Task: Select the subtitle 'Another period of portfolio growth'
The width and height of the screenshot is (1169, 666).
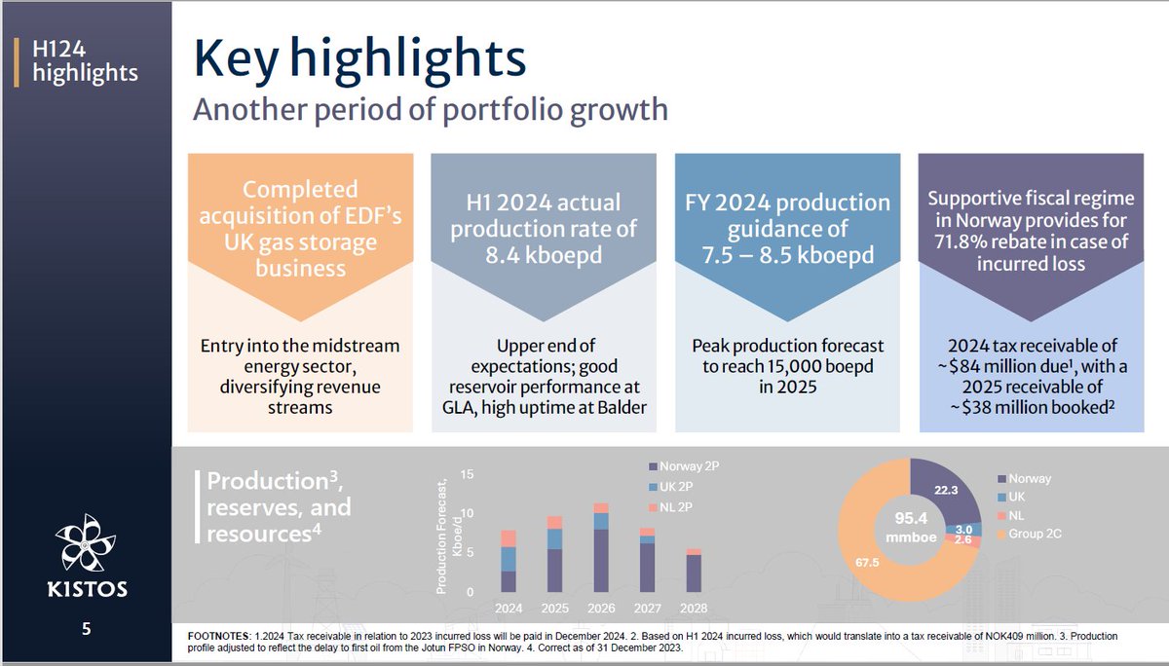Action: tap(431, 109)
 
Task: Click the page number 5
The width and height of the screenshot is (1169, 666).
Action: tap(87, 630)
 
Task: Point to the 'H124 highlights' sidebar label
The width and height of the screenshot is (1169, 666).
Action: tap(85, 60)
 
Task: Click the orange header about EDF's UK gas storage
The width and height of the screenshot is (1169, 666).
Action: tap(301, 228)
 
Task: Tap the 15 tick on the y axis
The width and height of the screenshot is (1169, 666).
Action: tap(467, 474)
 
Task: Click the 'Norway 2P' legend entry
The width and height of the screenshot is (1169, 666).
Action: tap(687, 466)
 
